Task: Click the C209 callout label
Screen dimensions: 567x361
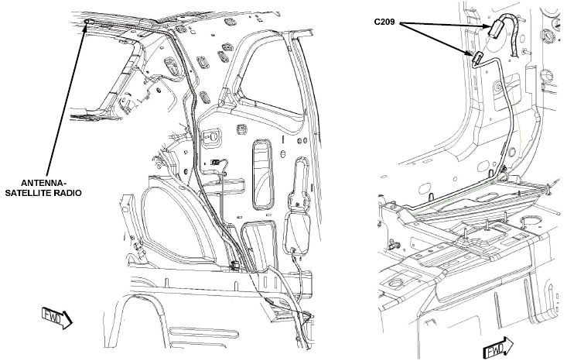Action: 384,22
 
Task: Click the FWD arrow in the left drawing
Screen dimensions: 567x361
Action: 57,318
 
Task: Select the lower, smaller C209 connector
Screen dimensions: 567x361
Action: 478,58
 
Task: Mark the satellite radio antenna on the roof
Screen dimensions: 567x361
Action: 88,22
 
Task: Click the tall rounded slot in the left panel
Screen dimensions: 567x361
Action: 261,174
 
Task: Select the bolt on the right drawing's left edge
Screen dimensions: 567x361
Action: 393,246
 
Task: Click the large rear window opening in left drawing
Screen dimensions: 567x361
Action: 273,84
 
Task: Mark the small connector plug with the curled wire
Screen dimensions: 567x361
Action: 216,163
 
